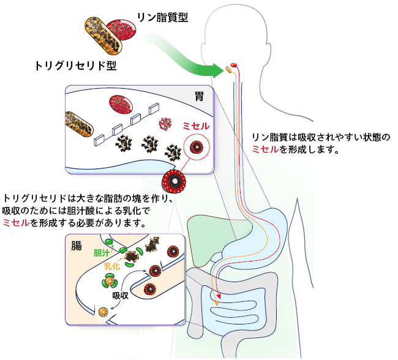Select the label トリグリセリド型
tap(76, 65)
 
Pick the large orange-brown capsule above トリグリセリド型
tap(100, 34)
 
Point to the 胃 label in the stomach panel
tap(200, 96)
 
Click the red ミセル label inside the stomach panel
tap(196, 126)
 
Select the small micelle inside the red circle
tap(197, 148)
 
